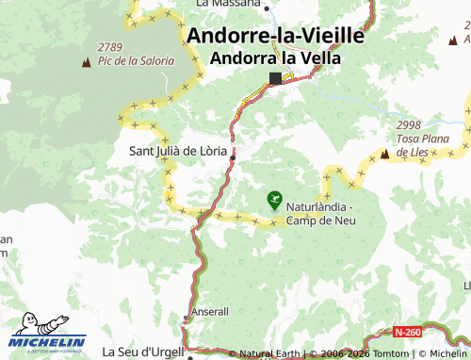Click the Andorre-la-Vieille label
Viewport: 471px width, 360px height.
[x=276, y=36]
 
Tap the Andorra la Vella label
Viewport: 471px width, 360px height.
[x=275, y=57]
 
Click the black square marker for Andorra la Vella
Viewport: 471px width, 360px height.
[x=275, y=78]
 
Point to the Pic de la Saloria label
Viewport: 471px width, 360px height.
[x=137, y=60]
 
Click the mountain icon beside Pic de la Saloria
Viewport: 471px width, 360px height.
[x=87, y=62]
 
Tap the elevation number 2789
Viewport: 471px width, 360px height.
[x=109, y=47]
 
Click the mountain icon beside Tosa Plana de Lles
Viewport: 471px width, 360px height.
[x=384, y=152]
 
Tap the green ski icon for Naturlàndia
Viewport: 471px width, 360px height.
[x=273, y=198]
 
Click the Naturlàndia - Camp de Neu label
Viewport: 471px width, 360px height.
[x=319, y=214]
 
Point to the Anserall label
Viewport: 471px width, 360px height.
[x=209, y=311]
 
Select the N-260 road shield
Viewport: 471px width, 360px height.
[x=408, y=333]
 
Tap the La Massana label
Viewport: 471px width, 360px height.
[x=228, y=4]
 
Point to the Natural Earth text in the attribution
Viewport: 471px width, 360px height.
[x=269, y=354]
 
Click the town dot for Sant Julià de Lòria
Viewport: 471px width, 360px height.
[x=232, y=157]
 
